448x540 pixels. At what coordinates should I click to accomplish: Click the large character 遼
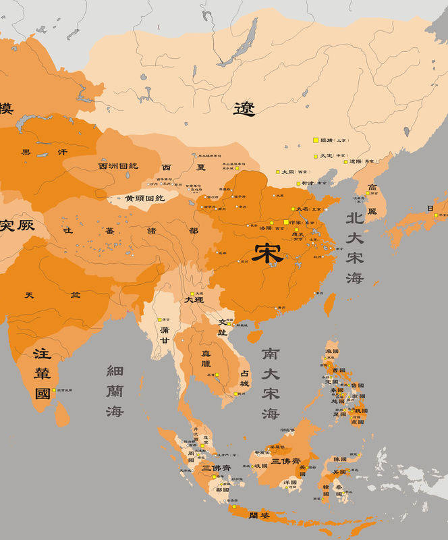coord(244,108)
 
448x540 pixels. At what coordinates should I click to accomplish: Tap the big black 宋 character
coord(268,252)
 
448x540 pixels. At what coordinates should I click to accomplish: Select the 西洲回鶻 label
coord(118,166)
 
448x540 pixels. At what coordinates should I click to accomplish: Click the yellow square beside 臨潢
coord(315,140)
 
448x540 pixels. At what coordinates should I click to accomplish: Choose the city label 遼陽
coord(356,162)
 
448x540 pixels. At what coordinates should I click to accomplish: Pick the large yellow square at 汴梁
coord(285,221)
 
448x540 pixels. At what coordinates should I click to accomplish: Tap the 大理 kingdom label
coord(194,299)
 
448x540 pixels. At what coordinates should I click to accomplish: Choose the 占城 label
coord(245,378)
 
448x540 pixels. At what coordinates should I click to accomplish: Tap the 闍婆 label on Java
coord(259,516)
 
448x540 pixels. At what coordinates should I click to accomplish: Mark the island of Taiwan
coord(330,304)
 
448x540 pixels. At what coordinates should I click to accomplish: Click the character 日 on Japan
coord(430,209)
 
